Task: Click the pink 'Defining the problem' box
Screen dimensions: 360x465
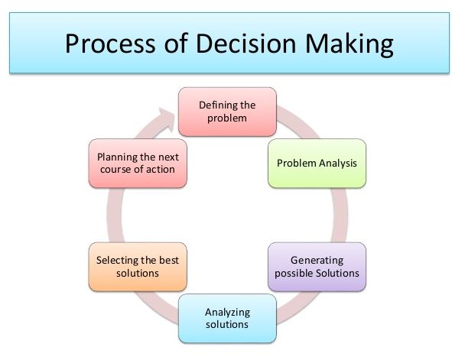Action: [226, 112]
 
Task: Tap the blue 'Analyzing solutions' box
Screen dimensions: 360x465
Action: [226, 318]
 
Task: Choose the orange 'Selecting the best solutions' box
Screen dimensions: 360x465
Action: [138, 268]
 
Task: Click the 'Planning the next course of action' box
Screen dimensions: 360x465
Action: [138, 163]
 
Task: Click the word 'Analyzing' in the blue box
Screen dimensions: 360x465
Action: [227, 311]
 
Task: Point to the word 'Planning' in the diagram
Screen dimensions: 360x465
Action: [118, 156]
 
